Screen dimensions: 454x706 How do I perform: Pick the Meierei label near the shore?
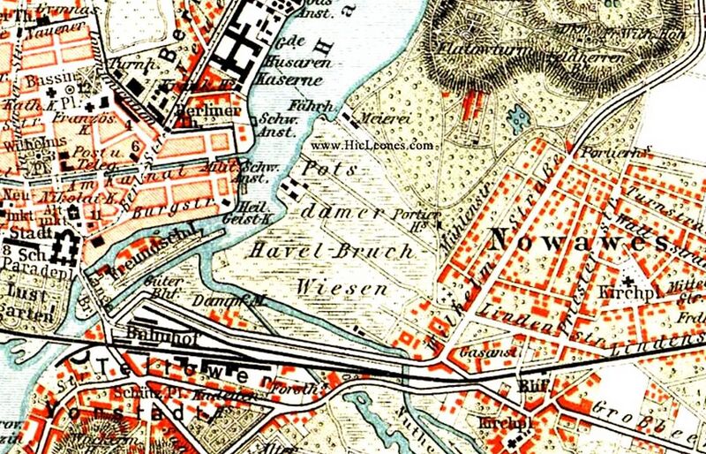374,116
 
